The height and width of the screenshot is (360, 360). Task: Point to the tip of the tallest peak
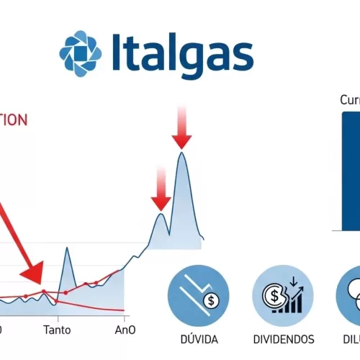[x=182, y=153]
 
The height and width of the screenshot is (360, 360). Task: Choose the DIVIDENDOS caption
[x=284, y=338]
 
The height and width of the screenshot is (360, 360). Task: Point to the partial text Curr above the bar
[x=350, y=100]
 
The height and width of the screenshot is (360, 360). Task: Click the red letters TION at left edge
[x=13, y=119]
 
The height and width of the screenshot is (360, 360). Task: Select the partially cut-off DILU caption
[x=349, y=338]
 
